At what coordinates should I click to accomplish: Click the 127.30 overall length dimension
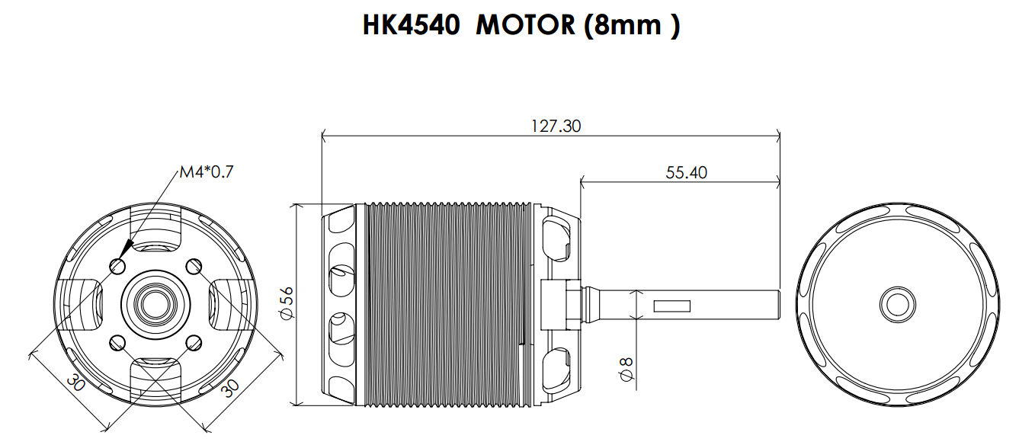pyautogui.click(x=556, y=126)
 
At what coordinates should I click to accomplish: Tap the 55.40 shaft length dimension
pyautogui.click(x=686, y=173)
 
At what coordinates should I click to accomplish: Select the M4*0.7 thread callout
pyautogui.click(x=207, y=172)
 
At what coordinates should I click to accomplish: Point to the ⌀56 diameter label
pyautogui.click(x=287, y=303)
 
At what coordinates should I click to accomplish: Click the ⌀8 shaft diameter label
pyautogui.click(x=626, y=370)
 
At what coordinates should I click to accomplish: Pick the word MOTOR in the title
pyautogui.click(x=525, y=24)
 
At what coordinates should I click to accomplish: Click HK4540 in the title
pyautogui.click(x=412, y=24)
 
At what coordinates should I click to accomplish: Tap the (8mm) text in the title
pyautogui.click(x=632, y=25)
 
